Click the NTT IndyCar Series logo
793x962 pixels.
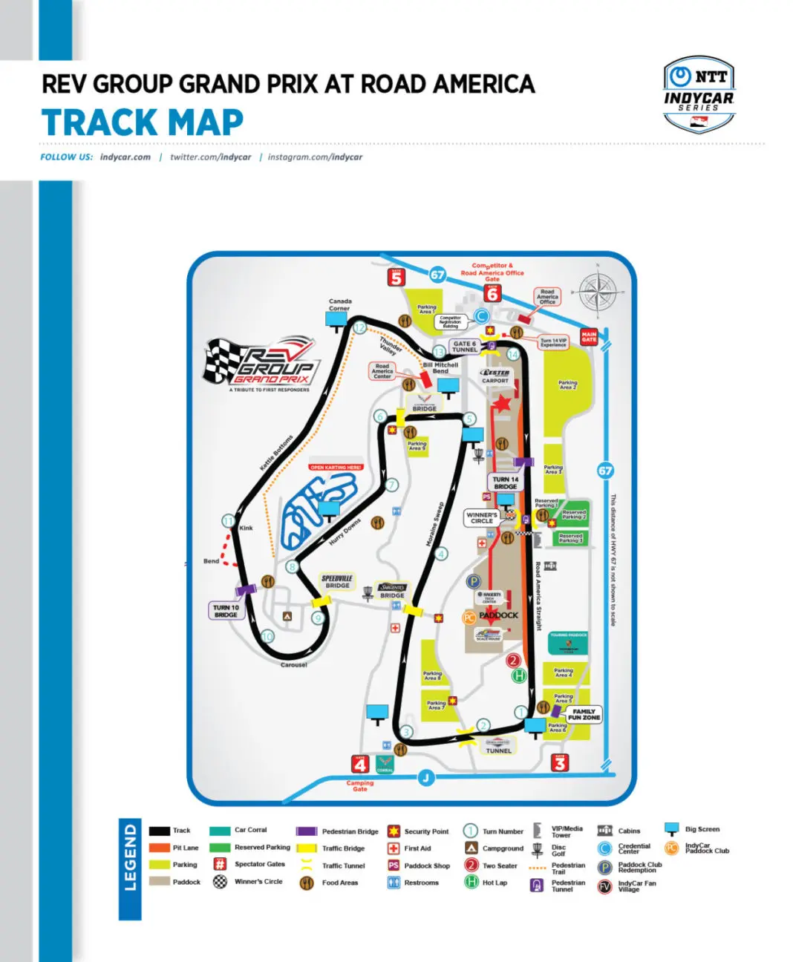pyautogui.click(x=698, y=94)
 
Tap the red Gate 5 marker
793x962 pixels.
pyautogui.click(x=396, y=277)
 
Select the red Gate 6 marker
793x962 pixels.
pyautogui.click(x=492, y=292)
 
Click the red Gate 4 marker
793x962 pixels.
pyautogui.click(x=360, y=764)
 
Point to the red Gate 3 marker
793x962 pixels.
pyautogui.click(x=560, y=762)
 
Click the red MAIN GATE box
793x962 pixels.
pyautogui.click(x=589, y=337)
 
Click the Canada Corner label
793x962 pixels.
pyautogui.click(x=340, y=304)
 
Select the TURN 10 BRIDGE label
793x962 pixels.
pyautogui.click(x=226, y=611)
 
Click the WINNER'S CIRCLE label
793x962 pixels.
pyautogui.click(x=482, y=517)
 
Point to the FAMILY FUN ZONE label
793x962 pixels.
pyautogui.click(x=584, y=715)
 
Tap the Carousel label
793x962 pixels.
pyautogui.click(x=294, y=664)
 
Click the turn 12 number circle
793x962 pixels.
pyautogui.click(x=359, y=327)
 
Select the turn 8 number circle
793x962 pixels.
pyautogui.click(x=292, y=566)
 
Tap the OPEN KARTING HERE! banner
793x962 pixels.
pyautogui.click(x=336, y=467)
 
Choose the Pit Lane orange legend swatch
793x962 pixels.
pyautogui.click(x=159, y=848)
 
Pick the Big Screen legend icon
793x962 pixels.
pyautogui.click(x=671, y=829)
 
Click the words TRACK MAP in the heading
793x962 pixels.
pyautogui.click(x=143, y=122)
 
